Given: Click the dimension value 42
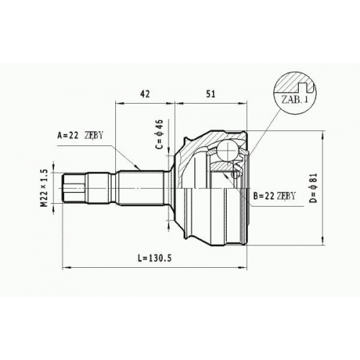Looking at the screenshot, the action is [145, 94].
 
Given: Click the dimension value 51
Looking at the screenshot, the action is [210, 94].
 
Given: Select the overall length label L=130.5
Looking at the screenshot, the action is [155, 258].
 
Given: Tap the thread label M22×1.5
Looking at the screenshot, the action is [45, 188].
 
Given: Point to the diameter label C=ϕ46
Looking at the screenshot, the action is [160, 134].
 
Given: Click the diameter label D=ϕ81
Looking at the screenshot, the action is [313, 188].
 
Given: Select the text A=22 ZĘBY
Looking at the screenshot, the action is [80, 135].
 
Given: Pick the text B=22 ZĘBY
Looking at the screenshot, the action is [274, 196].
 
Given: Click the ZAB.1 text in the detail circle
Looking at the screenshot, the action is [294, 99].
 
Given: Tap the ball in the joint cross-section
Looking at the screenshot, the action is [228, 150].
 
